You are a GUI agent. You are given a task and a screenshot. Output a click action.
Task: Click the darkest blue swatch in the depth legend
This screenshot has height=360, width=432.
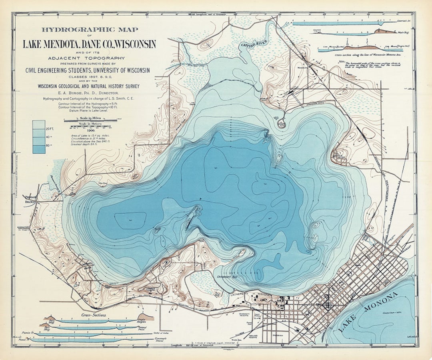(x=38, y=149)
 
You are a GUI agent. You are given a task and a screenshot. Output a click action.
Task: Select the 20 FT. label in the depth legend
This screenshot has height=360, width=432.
(x=50, y=129)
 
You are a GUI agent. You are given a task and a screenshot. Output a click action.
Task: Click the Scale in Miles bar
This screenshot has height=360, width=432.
(x=90, y=120)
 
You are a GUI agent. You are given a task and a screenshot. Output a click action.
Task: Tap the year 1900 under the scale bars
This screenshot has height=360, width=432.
(x=90, y=131)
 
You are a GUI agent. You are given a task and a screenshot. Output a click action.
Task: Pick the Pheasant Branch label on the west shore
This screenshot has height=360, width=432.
(x=30, y=200)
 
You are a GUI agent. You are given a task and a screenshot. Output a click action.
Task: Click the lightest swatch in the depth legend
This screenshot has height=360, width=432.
(x=38, y=124)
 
